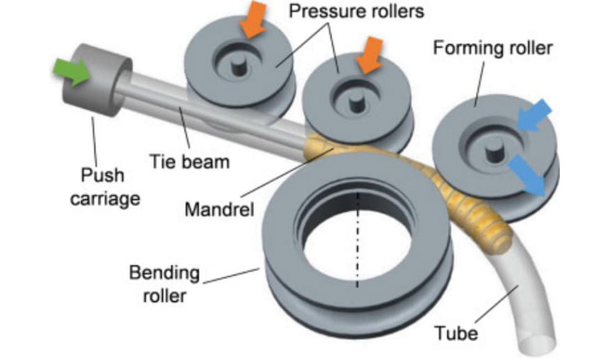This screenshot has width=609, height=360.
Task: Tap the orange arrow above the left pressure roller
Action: point(254,20)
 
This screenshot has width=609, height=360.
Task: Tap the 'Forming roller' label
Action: point(492,48)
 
